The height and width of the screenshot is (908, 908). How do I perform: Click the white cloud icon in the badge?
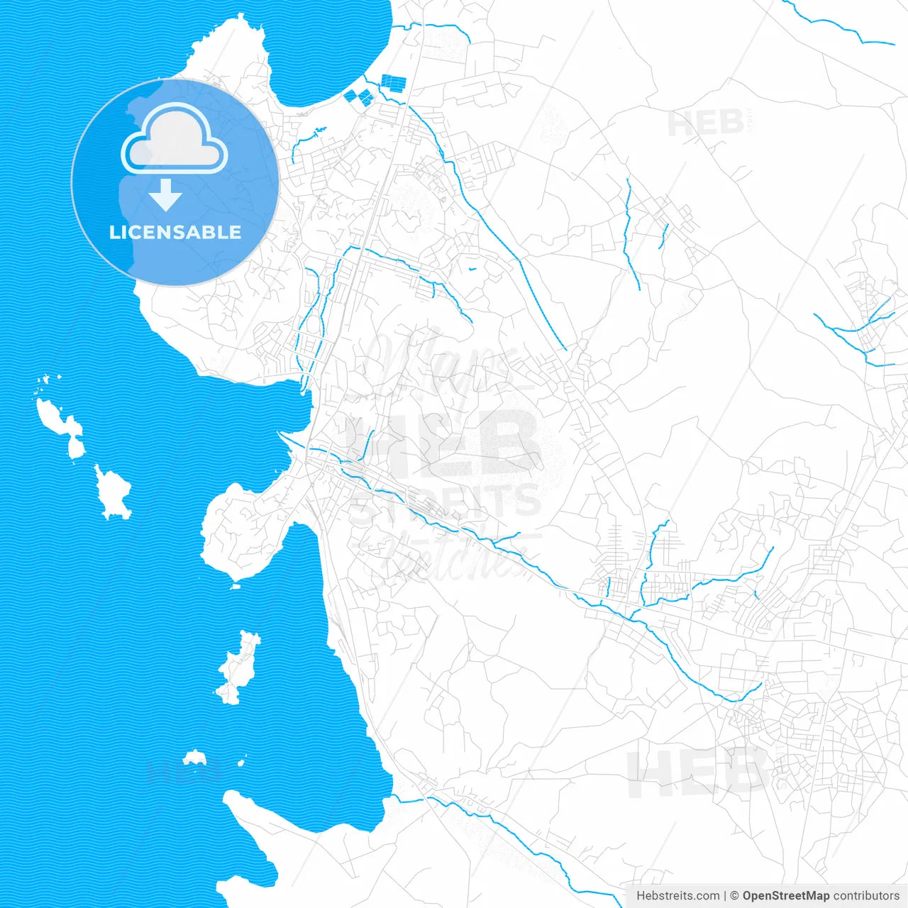pyautogui.click(x=174, y=139)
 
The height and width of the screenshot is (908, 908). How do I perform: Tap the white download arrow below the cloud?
pyautogui.click(x=165, y=196)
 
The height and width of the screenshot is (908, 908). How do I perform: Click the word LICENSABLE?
pyautogui.click(x=175, y=232)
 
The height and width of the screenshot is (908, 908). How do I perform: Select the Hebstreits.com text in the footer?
pyautogui.click(x=677, y=896)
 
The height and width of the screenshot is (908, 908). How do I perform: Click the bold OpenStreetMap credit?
pyautogui.click(x=785, y=896)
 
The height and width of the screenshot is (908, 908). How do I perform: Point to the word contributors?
pyautogui.click(x=866, y=896)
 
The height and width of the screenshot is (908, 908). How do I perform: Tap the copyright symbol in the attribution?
pyautogui.click(x=734, y=896)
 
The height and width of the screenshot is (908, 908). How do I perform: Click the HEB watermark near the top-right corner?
pyautogui.click(x=706, y=125)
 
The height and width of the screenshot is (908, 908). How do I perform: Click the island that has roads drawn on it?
pyautogui.click(x=238, y=667)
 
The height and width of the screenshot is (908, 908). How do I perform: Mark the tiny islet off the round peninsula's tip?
pyautogui.click(x=236, y=586)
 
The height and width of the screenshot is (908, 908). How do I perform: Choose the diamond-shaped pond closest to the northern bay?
pyautogui.click(x=350, y=95)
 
